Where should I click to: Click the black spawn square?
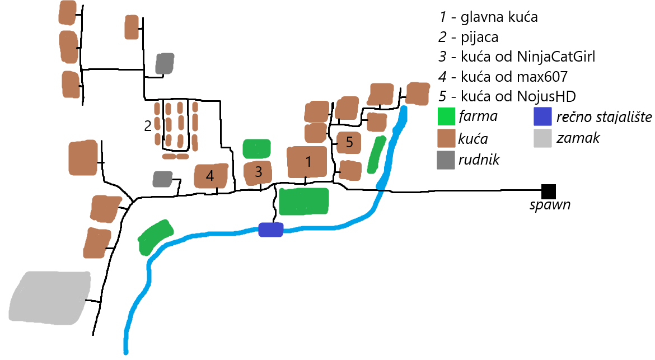(x=548, y=191)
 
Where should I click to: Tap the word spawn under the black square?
(x=550, y=205)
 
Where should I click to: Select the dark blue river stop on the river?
(x=271, y=230)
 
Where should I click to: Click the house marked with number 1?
(x=307, y=162)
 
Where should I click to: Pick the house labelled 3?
(x=258, y=172)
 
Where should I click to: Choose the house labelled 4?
(x=210, y=176)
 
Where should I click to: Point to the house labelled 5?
(x=349, y=142)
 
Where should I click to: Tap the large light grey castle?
(x=50, y=297)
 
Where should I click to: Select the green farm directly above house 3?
(x=257, y=149)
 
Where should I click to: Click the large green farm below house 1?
(x=303, y=202)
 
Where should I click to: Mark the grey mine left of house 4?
(x=162, y=179)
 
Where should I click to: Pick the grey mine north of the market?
(x=165, y=64)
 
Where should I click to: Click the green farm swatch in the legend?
(x=446, y=117)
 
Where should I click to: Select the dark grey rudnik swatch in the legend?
(x=446, y=160)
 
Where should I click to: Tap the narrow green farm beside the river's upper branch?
(x=376, y=155)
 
